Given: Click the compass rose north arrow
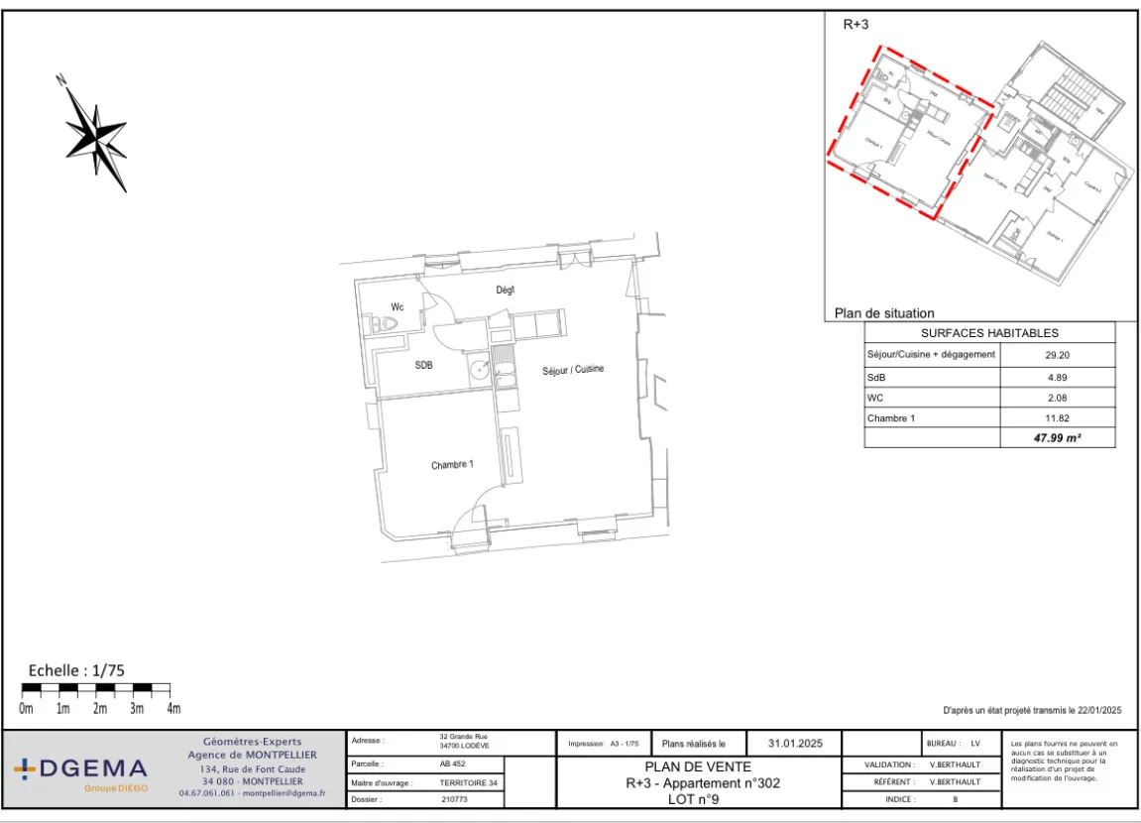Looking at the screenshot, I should (95, 133).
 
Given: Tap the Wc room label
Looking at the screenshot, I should (397, 306).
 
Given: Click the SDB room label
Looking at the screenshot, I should (423, 365).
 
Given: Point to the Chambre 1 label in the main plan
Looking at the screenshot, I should (452, 464).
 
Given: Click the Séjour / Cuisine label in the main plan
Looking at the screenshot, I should (572, 370).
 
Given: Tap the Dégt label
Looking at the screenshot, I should (506, 290).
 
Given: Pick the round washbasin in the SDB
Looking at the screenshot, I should (480, 371).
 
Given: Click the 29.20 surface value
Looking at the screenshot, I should (1058, 354).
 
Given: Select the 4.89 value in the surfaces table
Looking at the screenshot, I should (1058, 377).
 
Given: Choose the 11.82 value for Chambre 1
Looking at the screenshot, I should (1058, 418).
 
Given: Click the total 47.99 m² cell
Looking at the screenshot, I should (1058, 437).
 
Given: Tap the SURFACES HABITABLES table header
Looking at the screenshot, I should (989, 333).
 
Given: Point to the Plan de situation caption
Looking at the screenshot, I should (884, 313).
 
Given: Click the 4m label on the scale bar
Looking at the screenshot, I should (173, 709).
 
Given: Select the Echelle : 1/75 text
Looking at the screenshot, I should (76, 670).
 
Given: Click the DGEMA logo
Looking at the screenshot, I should (81, 769).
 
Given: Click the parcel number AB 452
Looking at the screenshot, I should (452, 764).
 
